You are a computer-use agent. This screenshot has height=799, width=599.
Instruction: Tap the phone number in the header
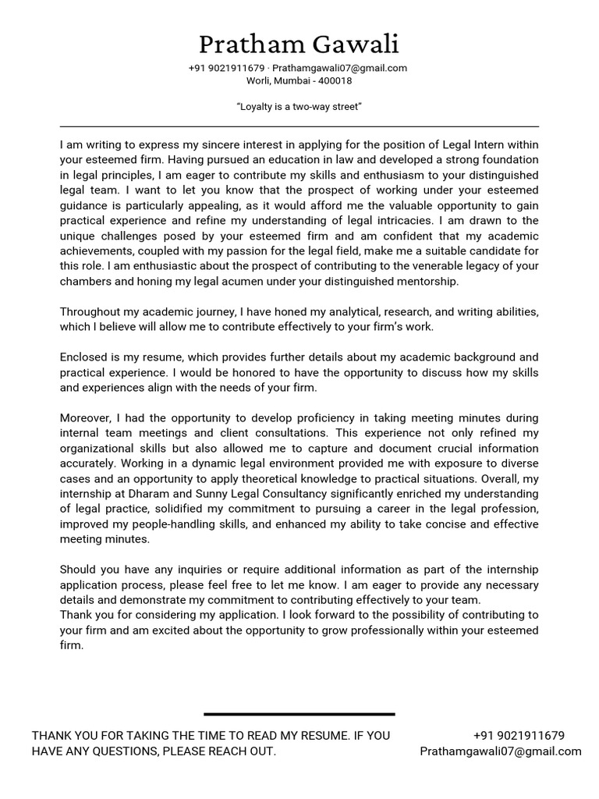pyautogui.click(x=226, y=68)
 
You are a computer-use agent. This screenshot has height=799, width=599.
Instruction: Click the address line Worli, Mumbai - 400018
pyautogui.click(x=299, y=80)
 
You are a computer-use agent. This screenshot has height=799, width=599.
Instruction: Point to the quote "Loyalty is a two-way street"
pyautogui.click(x=299, y=106)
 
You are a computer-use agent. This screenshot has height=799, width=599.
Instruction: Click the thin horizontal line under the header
pyautogui.click(x=299, y=126)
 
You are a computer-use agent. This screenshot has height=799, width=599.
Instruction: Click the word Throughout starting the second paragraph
pyautogui.click(x=91, y=311)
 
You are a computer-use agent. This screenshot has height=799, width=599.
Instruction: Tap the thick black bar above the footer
pyautogui.click(x=299, y=713)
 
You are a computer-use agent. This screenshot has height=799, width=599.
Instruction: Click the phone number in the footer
pyautogui.click(x=519, y=735)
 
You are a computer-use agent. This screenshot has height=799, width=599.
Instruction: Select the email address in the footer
pyautogui.click(x=500, y=751)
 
